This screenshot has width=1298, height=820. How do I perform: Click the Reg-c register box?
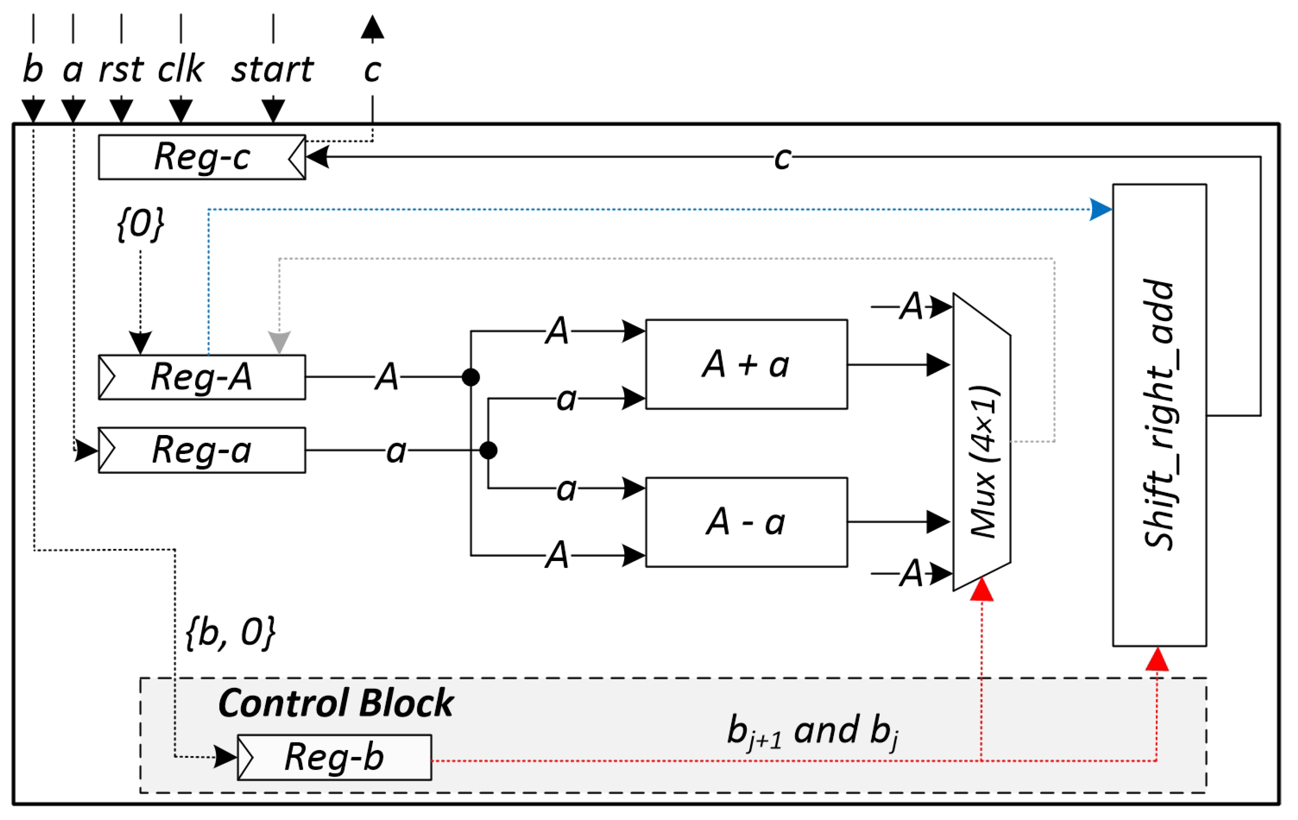pos(202,157)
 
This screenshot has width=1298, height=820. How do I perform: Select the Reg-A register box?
pos(202,377)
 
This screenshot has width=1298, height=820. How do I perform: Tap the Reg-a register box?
pos(202,450)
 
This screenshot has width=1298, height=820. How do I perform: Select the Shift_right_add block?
pos(1159,415)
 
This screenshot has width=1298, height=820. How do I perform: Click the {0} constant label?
pos(140,223)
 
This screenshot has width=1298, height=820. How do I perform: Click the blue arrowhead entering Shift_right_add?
pos(1100,209)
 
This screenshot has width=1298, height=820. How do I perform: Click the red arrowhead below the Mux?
pos(982,590)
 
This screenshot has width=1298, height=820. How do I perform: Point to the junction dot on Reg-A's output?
pos(471,377)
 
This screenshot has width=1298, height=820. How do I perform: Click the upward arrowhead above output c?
pos(373,27)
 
